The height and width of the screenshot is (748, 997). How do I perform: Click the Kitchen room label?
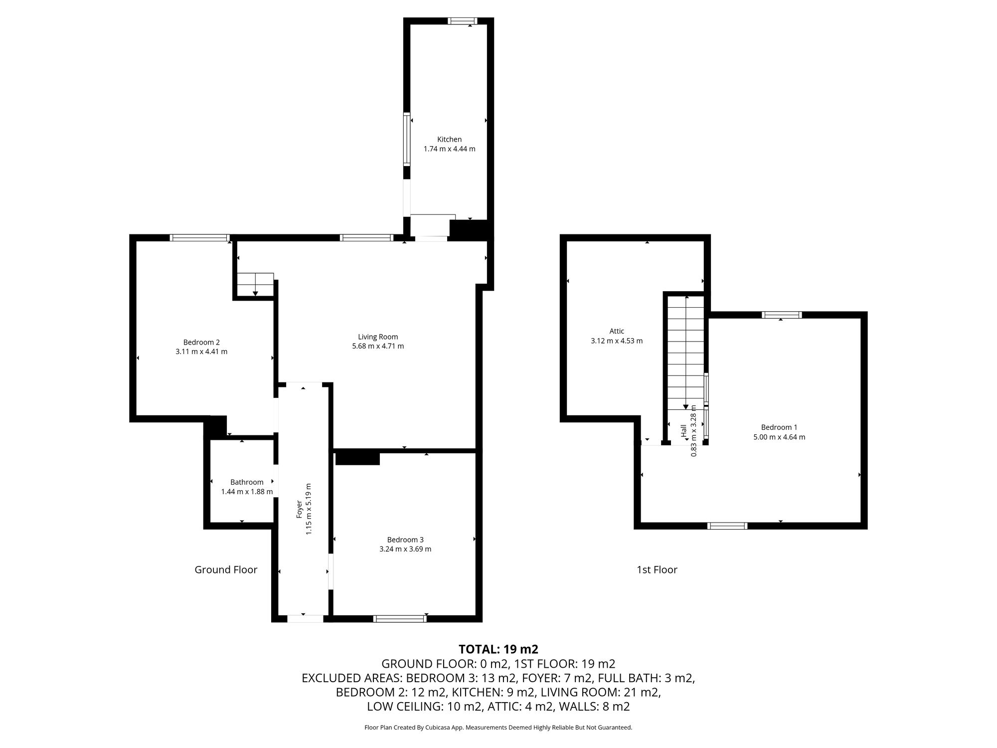tap(449, 139)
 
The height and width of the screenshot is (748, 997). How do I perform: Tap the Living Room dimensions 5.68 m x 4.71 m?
tap(378, 346)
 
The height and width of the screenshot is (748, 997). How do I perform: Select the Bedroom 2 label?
tap(201, 342)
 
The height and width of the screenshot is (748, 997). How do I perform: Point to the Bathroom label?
tap(247, 482)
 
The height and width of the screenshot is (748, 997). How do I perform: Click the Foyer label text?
tap(299, 509)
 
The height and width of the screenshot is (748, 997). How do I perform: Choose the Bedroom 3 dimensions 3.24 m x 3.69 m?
tap(405, 549)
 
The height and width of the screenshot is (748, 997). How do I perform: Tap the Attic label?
tap(617, 331)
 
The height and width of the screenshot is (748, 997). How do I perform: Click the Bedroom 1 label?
tap(779, 427)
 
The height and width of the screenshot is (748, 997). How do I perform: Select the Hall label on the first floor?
tap(683, 431)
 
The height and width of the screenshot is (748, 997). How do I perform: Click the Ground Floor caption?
tap(226, 569)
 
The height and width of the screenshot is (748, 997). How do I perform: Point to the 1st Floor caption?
tap(657, 569)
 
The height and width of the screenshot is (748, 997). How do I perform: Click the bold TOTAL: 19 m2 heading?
tap(498, 649)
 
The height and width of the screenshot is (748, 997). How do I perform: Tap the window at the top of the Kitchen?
tap(462, 21)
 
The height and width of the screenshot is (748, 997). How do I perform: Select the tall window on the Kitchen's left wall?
tap(407, 140)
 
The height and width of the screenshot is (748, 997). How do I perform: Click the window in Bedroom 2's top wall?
tap(199, 238)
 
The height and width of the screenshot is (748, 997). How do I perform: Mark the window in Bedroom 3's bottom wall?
tap(400, 619)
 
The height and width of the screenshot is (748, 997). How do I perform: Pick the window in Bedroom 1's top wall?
tap(782, 315)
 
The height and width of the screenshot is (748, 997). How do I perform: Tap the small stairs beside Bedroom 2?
tap(255, 284)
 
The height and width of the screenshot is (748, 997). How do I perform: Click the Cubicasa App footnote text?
tap(498, 728)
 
